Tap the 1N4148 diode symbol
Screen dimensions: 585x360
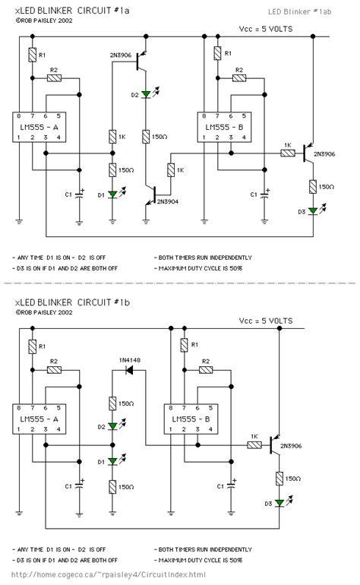pos(130,370)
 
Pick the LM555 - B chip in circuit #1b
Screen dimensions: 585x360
pos(192,419)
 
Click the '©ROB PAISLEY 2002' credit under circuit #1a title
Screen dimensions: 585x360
pos(43,21)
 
